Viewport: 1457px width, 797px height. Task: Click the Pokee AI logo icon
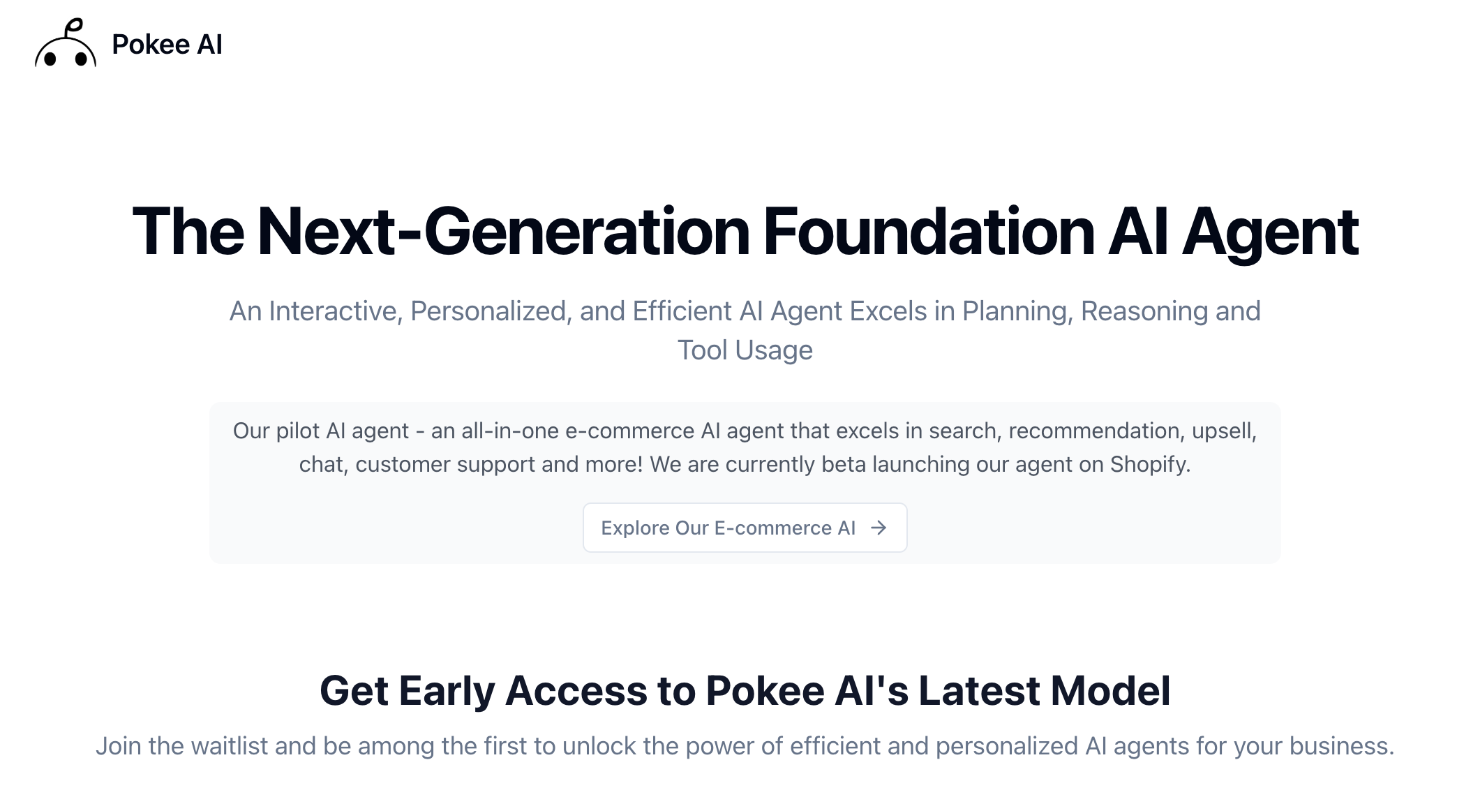pos(66,43)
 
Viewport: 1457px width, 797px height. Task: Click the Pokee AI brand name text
pos(167,45)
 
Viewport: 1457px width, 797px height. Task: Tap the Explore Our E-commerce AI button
pos(745,528)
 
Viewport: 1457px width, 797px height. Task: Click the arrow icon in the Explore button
pos(879,528)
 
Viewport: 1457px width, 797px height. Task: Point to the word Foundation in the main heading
pos(929,232)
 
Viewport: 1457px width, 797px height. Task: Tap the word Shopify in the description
pos(1149,465)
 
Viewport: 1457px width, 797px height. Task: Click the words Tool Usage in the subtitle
pos(745,350)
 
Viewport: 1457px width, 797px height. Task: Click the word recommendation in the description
pos(1096,431)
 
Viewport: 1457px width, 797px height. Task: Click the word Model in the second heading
pos(1110,691)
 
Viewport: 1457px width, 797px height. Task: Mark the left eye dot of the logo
pos(50,59)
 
